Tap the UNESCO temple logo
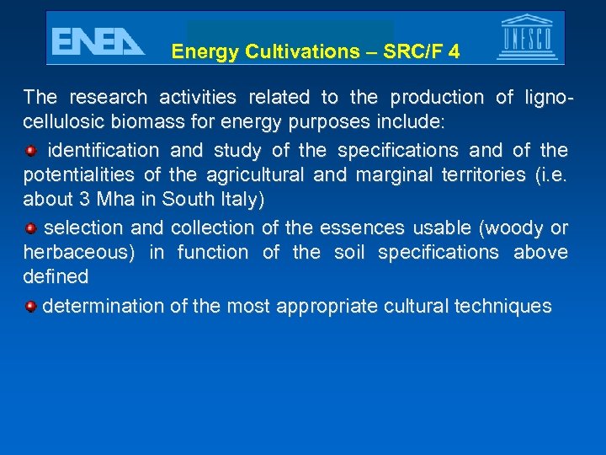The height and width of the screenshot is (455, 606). point(527,37)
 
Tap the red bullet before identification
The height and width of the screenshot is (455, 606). point(30,151)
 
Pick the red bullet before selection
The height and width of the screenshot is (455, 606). point(30,227)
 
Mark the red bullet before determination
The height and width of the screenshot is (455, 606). point(30,305)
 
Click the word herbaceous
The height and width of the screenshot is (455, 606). point(81,252)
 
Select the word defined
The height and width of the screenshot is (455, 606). point(56,276)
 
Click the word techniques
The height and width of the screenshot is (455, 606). point(502,305)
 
